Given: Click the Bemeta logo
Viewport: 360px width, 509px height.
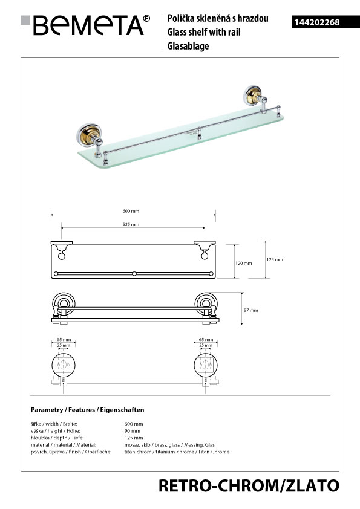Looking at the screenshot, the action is (85, 25).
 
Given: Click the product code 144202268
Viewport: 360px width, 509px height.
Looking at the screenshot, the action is (317, 22).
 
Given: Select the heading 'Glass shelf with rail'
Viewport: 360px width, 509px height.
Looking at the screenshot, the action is (204, 32).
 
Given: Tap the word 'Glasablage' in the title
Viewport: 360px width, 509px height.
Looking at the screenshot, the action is (188, 46).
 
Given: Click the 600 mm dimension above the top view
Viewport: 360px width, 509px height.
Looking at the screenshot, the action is (131, 211).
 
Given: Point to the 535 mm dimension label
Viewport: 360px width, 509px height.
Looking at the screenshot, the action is (131, 224).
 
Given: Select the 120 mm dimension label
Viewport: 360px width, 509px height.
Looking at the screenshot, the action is (243, 263).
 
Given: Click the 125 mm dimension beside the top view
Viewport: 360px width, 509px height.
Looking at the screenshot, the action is (275, 260).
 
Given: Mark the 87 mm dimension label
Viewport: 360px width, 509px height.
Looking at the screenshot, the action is (251, 310).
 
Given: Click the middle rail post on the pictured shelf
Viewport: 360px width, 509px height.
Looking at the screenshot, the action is (200, 134).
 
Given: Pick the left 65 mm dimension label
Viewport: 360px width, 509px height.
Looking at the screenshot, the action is (64, 340).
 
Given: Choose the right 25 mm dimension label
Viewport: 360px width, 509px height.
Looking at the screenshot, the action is (206, 345).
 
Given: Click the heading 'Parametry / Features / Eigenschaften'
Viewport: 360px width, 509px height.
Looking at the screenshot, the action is (87, 410).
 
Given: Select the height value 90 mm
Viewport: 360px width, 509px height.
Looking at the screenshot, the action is (133, 431).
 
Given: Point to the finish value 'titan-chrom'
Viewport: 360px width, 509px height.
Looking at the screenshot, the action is (138, 452).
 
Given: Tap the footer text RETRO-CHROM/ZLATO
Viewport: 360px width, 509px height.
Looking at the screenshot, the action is (249, 486).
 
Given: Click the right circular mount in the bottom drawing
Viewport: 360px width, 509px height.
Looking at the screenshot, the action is (206, 365).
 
